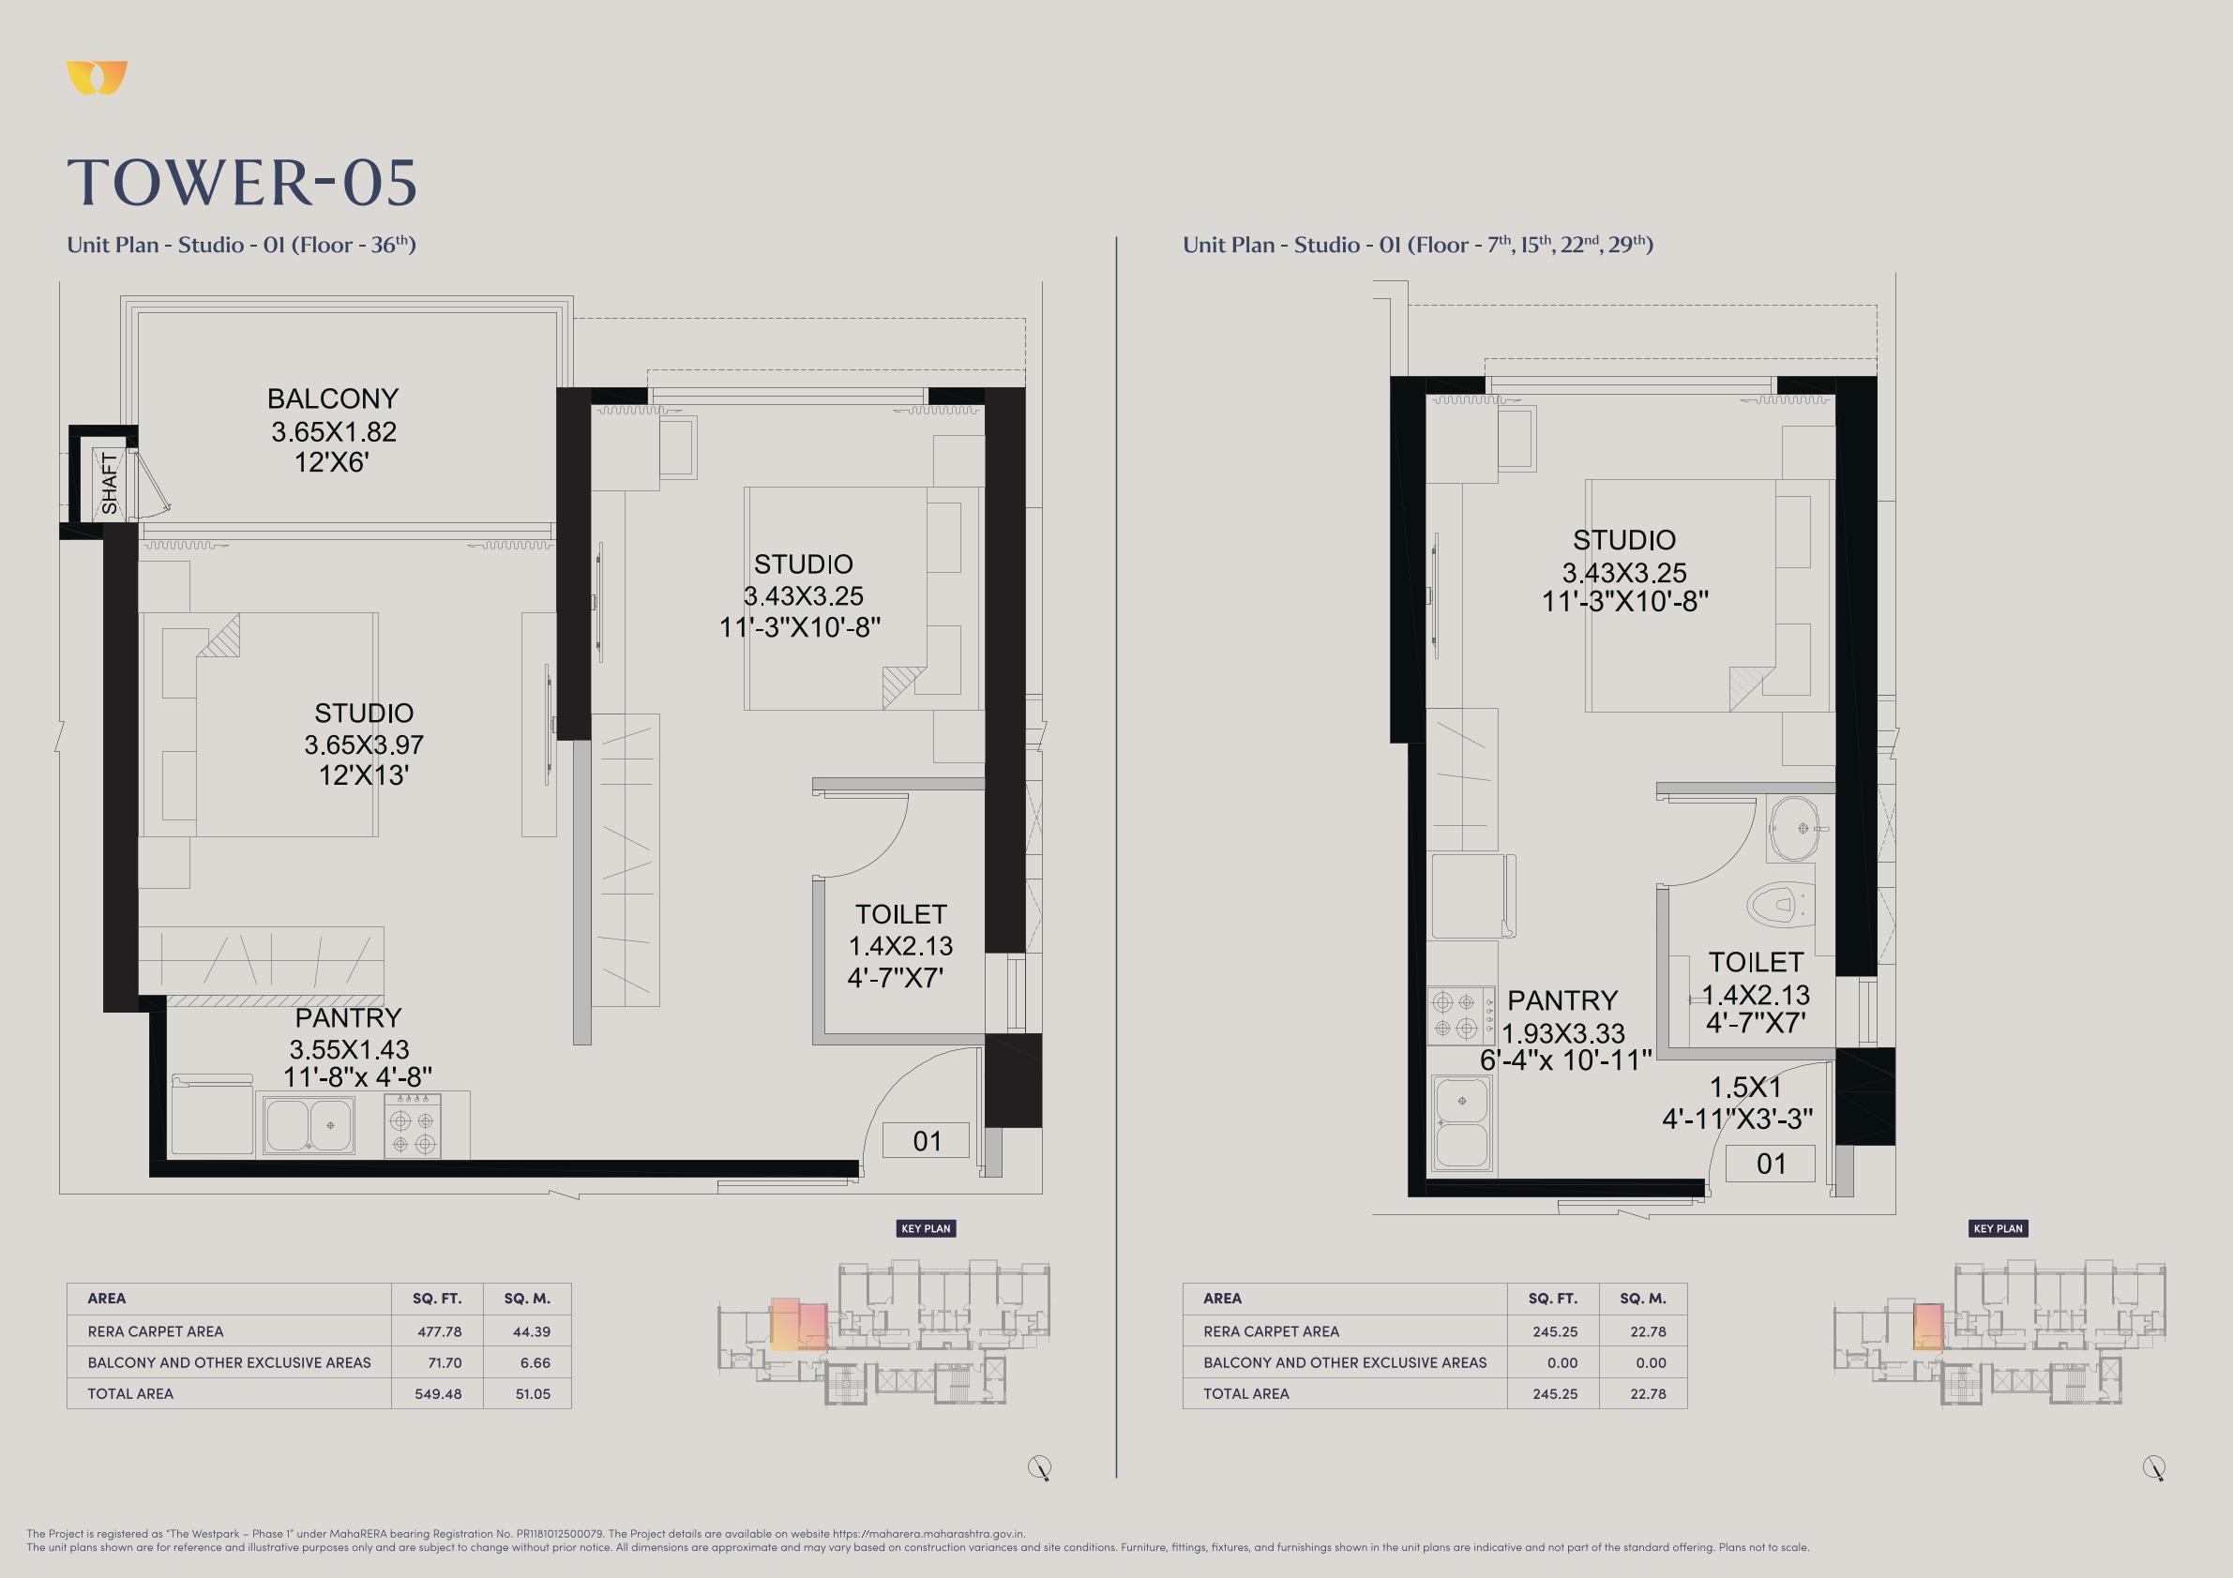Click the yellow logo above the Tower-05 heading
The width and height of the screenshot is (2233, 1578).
point(98,78)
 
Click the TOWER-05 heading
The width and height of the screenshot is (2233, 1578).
point(242,183)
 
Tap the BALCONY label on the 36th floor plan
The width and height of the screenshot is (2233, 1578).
point(333,398)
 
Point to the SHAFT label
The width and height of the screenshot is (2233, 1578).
point(109,483)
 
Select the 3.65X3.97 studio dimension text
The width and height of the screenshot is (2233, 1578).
point(364,744)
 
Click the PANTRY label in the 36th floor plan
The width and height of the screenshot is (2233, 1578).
point(348,1018)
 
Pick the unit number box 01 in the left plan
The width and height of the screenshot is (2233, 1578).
point(926,1140)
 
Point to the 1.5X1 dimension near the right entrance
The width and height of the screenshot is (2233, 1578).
point(1744,1087)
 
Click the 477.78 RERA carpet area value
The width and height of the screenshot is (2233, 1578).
point(438,1331)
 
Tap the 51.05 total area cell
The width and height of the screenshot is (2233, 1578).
point(533,1393)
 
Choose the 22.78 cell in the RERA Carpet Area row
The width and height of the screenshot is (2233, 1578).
point(1649,1331)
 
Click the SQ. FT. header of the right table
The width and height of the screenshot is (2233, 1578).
point(1553,1298)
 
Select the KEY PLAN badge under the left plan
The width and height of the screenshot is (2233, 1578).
point(926,1228)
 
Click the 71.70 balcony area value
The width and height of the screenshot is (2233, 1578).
point(438,1362)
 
